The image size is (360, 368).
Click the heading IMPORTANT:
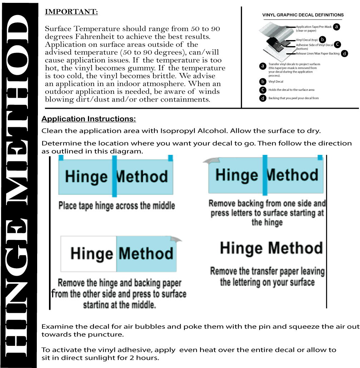[x=71, y=12]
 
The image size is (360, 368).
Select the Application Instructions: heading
[x=89, y=119]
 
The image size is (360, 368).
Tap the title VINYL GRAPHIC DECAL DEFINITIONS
[x=303, y=15]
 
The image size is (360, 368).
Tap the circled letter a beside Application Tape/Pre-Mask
[x=337, y=26]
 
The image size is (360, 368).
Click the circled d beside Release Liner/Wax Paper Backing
[x=344, y=53]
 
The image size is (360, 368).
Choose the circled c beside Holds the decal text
[x=263, y=90]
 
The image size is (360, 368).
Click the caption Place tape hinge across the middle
[x=117, y=206]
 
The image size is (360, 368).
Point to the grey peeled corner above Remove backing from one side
[x=209, y=161]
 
